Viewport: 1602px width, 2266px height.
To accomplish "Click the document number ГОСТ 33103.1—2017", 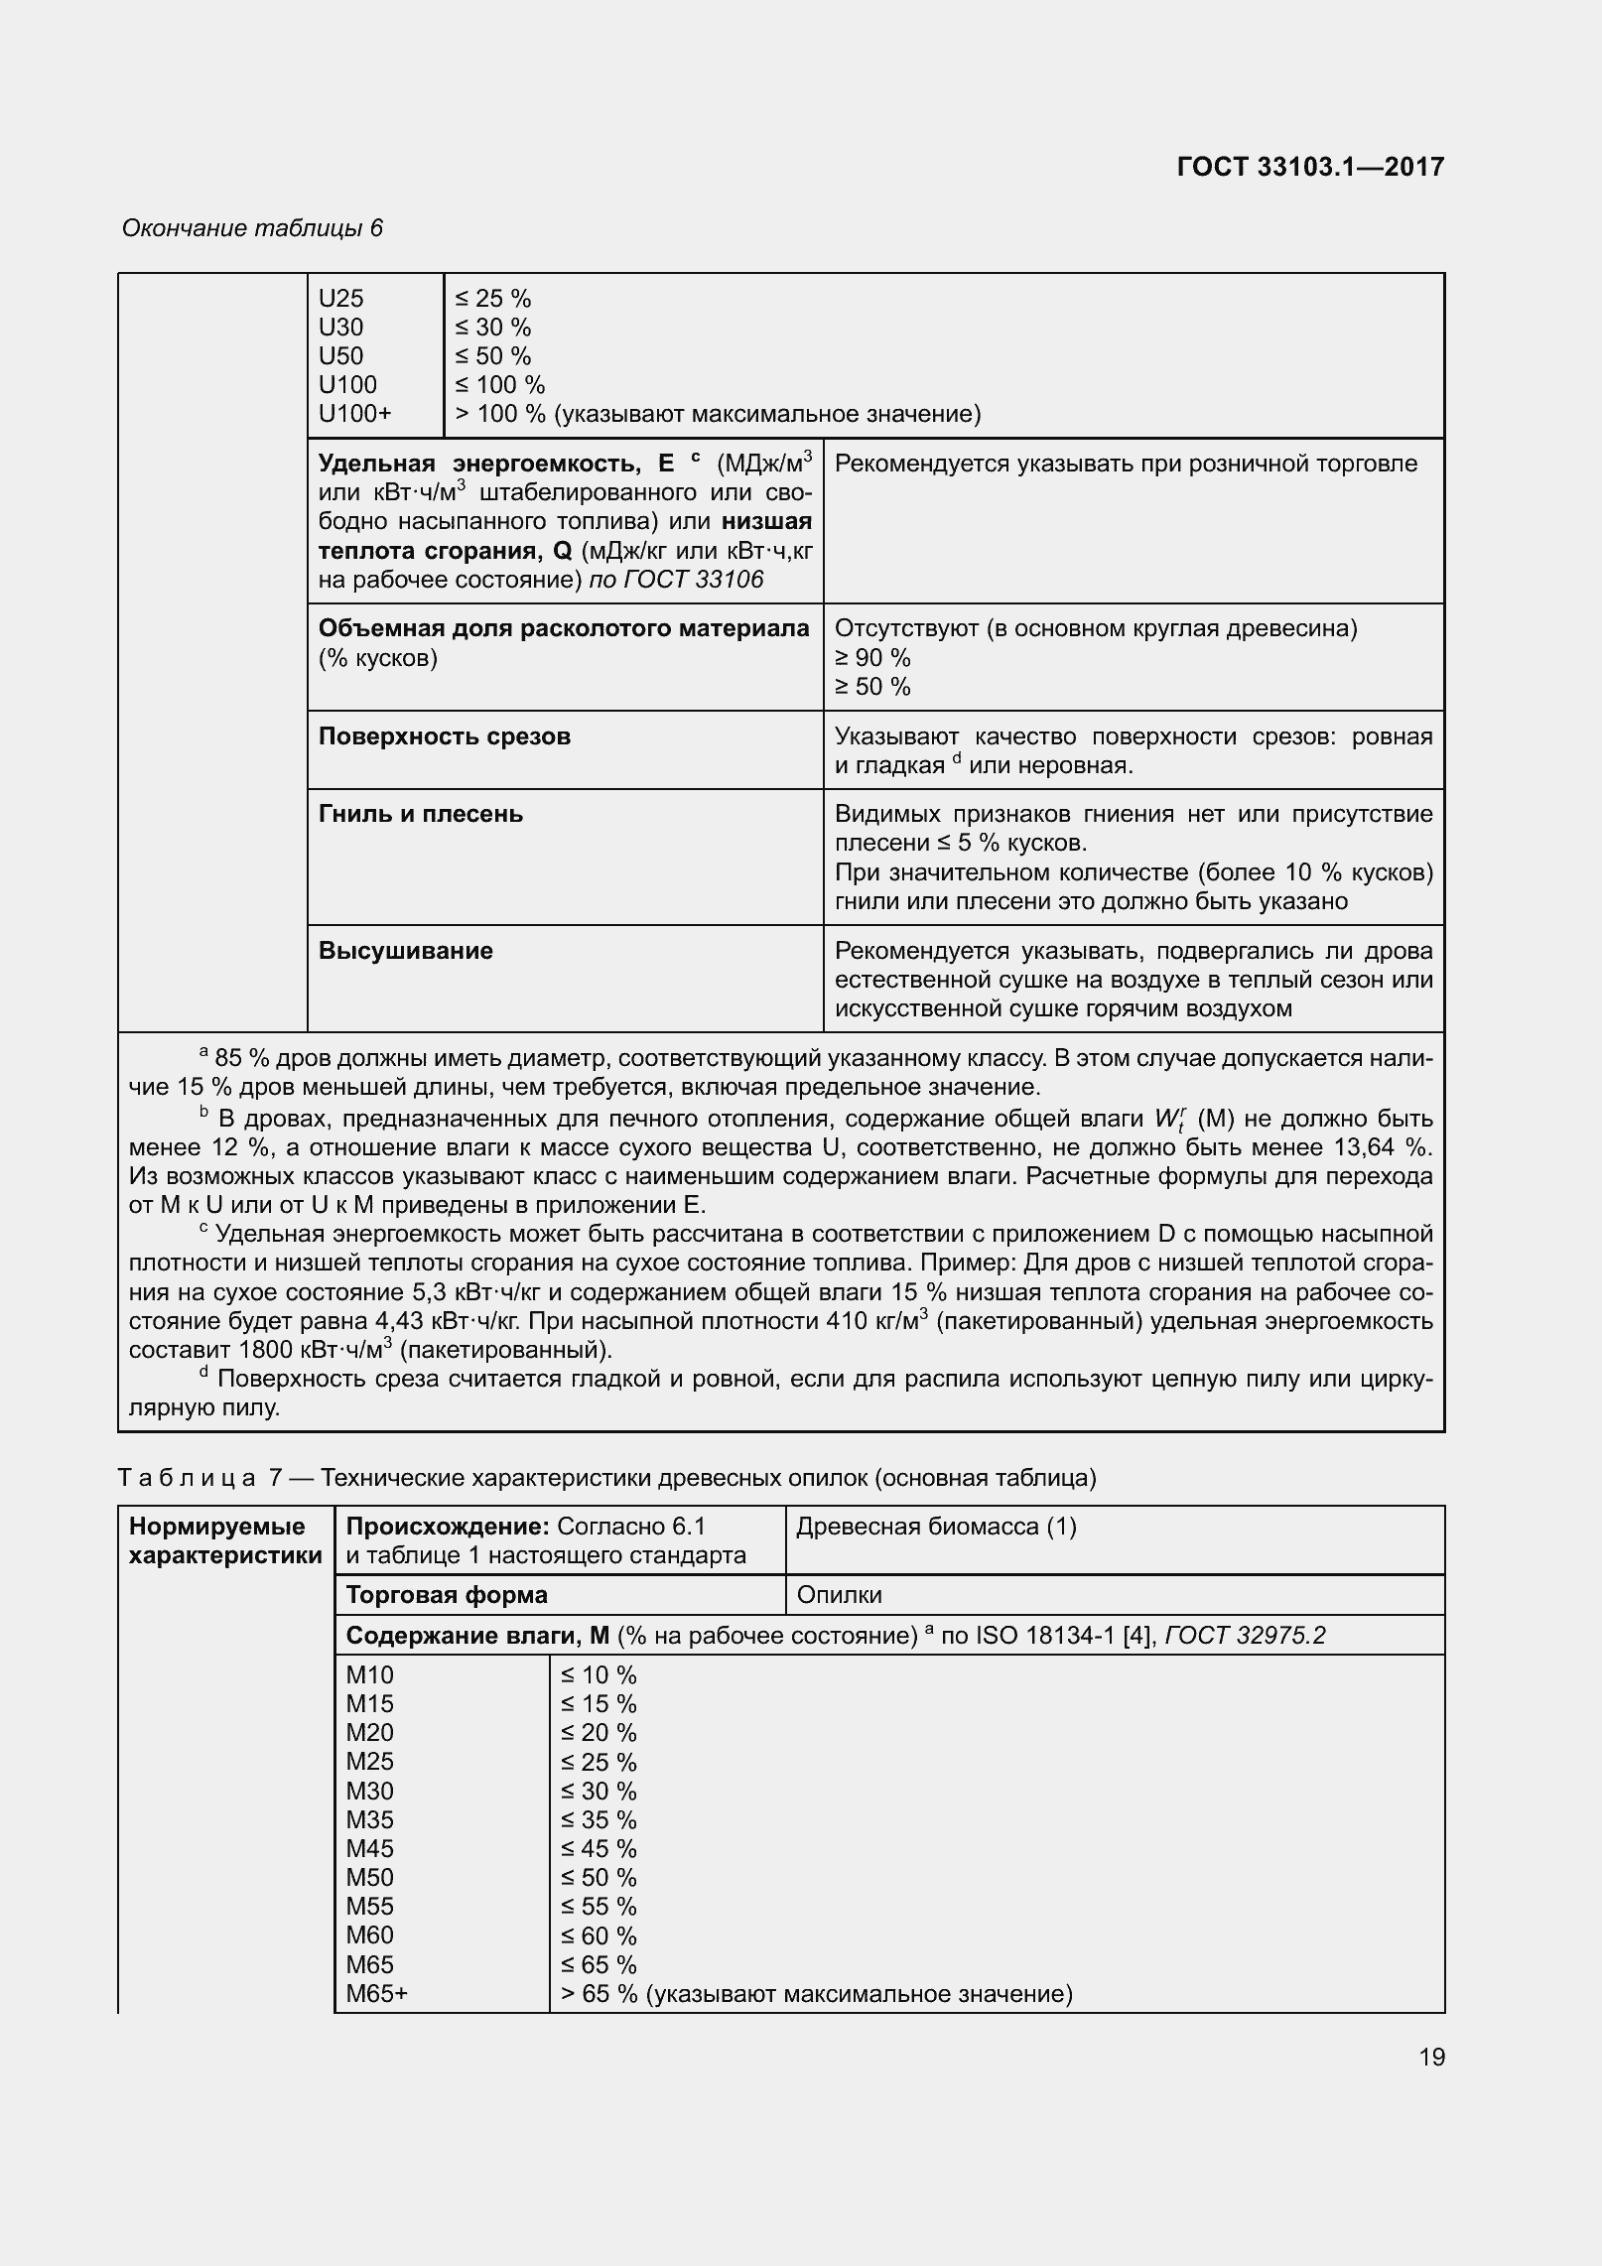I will pos(1309,167).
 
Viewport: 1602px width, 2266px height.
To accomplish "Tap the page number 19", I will pos(1431,2056).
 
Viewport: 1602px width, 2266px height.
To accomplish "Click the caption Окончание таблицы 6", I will pos(252,228).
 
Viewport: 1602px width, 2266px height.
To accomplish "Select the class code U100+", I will pos(354,414).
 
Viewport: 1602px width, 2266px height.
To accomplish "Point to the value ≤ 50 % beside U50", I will pos(493,356).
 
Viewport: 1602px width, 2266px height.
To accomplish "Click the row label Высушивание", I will pos(405,951).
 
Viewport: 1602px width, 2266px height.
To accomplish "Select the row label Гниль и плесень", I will pos(420,814).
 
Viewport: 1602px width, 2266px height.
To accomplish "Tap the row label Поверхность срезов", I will pos(444,736).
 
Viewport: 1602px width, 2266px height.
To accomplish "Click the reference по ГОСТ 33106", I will pos(676,580).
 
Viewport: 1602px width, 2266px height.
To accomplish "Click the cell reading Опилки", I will pos(839,1595).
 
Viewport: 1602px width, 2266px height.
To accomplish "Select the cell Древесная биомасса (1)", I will pos(936,1527).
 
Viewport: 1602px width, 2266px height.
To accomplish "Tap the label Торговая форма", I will pos(446,1595).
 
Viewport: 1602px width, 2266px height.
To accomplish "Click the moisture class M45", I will pos(369,1849).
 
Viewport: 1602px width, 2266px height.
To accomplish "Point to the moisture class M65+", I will pos(376,1993).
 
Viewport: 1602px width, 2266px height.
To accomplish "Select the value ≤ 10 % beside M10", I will pos(598,1675).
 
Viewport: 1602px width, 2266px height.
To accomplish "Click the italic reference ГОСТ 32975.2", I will pos(1245,1636).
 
